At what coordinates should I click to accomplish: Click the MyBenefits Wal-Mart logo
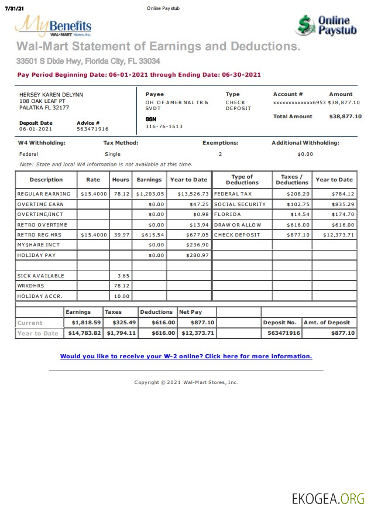53,27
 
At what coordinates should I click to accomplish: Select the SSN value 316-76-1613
164,126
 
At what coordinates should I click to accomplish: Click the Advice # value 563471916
92,129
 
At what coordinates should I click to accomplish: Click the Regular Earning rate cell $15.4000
94,194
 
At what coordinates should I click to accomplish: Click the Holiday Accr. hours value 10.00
122,296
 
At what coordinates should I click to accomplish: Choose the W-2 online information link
186,356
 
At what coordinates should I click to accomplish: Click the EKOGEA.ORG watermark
328,498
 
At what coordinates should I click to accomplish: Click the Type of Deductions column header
242,180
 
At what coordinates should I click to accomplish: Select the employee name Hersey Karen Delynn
51,94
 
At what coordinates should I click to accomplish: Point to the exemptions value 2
220,154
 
